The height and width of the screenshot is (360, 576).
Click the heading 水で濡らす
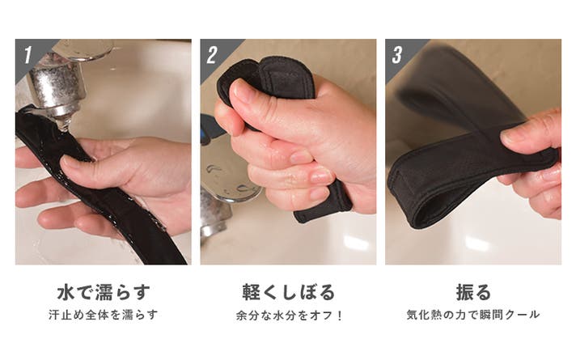[x=104, y=292]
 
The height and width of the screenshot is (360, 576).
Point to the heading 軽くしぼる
[x=288, y=292]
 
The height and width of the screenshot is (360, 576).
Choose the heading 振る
[x=473, y=292]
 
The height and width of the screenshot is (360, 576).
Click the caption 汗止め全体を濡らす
[x=104, y=315]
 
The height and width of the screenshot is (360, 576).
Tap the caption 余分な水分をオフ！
[x=289, y=316]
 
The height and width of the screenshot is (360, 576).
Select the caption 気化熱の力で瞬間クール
[x=473, y=315]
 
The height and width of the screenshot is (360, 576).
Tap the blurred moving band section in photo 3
[x=460, y=88]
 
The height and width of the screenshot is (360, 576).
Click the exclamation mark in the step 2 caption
[x=339, y=316]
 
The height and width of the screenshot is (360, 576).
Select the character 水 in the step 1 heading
[x=66, y=292]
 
